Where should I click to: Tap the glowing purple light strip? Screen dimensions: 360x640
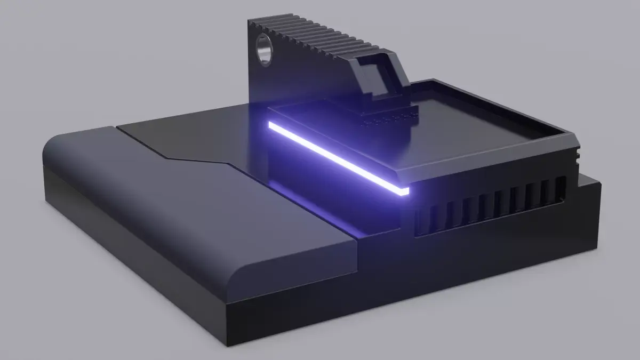point(336,157)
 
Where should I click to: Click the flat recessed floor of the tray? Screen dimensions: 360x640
point(480,123)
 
